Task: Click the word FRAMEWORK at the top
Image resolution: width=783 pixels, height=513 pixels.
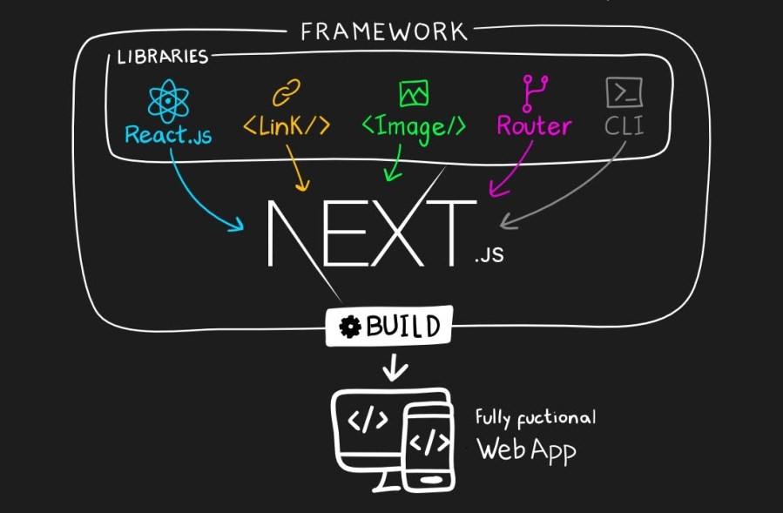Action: pyautogui.click(x=383, y=32)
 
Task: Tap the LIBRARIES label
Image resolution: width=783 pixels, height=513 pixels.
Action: pyautogui.click(x=163, y=57)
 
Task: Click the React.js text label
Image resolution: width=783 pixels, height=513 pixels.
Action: pyautogui.click(x=168, y=135)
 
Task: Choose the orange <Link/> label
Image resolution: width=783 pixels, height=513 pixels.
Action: pyautogui.click(x=286, y=126)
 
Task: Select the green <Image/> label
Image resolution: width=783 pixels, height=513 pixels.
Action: pyautogui.click(x=413, y=126)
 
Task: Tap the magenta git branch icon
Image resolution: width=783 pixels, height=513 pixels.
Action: pyautogui.click(x=532, y=91)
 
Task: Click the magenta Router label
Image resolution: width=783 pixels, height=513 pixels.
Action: pyautogui.click(x=534, y=126)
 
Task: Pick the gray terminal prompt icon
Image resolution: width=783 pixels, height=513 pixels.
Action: pyautogui.click(x=624, y=91)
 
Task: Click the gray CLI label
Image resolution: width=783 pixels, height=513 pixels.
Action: pyautogui.click(x=624, y=126)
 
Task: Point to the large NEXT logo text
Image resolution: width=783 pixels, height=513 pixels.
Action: pyautogui.click(x=371, y=233)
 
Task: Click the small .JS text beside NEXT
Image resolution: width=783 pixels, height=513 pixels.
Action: pyautogui.click(x=489, y=257)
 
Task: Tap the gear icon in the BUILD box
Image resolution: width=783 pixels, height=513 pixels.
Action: pyautogui.click(x=350, y=327)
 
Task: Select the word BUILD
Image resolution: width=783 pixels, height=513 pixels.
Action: pyautogui.click(x=402, y=327)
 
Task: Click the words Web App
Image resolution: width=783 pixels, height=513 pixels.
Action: pyautogui.click(x=526, y=450)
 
